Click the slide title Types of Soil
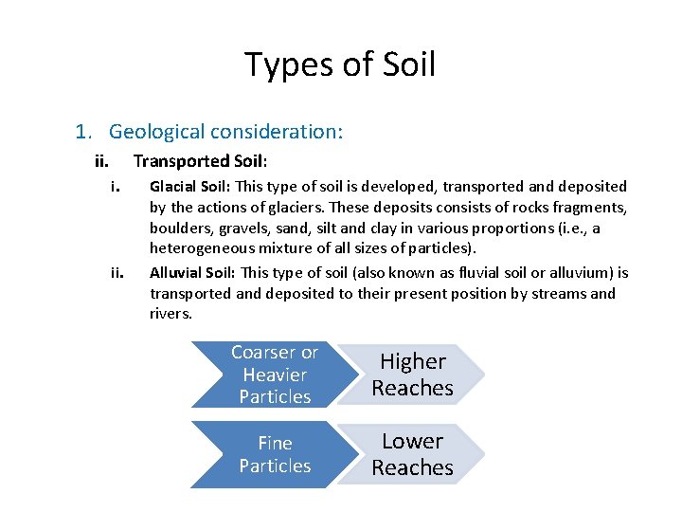point(340,64)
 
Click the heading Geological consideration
point(225,131)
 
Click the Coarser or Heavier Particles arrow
point(275,375)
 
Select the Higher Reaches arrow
point(412,375)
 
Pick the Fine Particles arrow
point(275,454)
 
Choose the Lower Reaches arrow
point(412,454)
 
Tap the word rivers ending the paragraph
point(170,314)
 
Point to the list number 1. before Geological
point(83,131)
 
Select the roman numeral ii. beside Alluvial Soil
point(117,273)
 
